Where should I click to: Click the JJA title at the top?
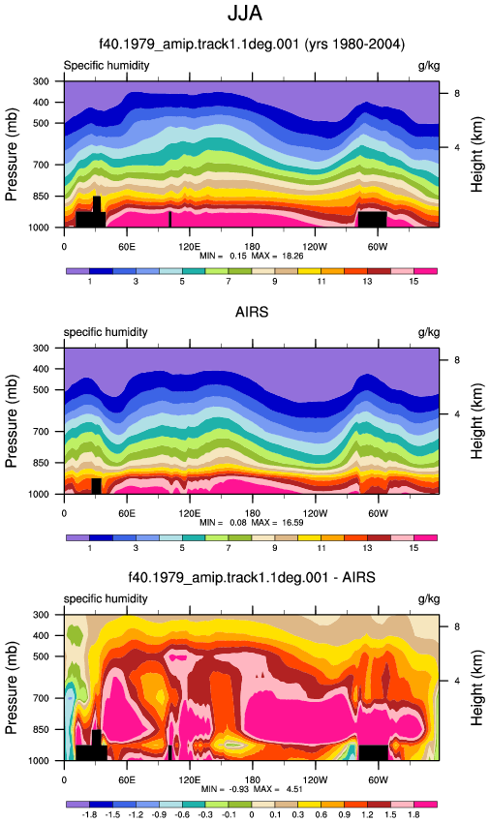coord(245,14)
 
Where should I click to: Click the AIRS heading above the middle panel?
coord(252,313)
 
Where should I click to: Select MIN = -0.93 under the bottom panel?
coord(226,789)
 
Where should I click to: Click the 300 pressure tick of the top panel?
coord(42,81)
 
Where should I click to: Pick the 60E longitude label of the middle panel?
coord(127,513)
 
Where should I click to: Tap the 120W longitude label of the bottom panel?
coord(315,780)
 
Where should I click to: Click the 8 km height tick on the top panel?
coord(457,93)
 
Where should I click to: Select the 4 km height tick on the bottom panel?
coord(457,681)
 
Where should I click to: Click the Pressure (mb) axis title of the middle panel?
coord(12,421)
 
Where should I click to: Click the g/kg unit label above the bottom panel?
coord(429,599)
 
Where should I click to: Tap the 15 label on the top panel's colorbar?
coord(413,282)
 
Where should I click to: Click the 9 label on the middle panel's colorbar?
coord(275,548)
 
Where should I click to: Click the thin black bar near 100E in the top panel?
coord(169,219)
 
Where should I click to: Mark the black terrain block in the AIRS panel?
coord(96,486)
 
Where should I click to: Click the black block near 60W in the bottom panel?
coord(373,752)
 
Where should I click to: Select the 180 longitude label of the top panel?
coord(252,247)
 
